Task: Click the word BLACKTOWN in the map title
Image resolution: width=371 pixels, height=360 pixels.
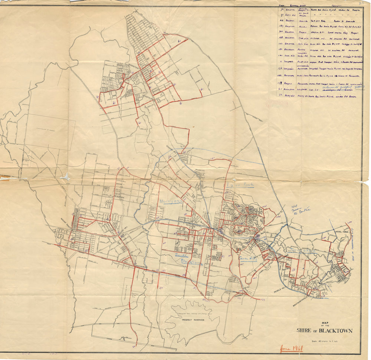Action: pos(334,331)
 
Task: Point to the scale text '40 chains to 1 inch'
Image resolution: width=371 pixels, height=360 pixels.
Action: pos(325,340)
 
